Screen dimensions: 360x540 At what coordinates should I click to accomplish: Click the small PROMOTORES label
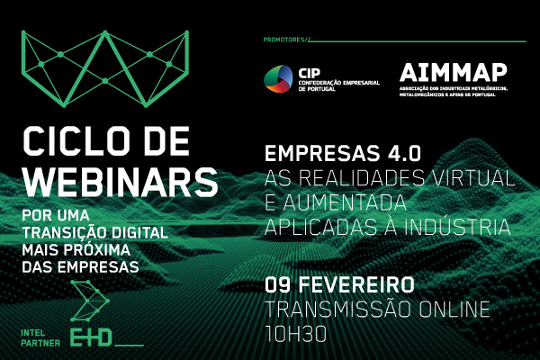tap(284, 40)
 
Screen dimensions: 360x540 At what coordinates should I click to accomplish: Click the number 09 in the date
tap(277, 284)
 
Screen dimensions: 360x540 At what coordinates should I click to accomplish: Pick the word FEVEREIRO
tap(357, 284)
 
